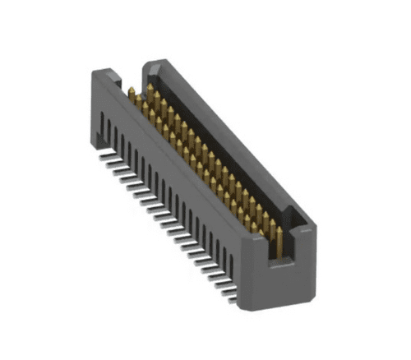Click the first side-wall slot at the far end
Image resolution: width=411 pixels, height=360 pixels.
point(100,123)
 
